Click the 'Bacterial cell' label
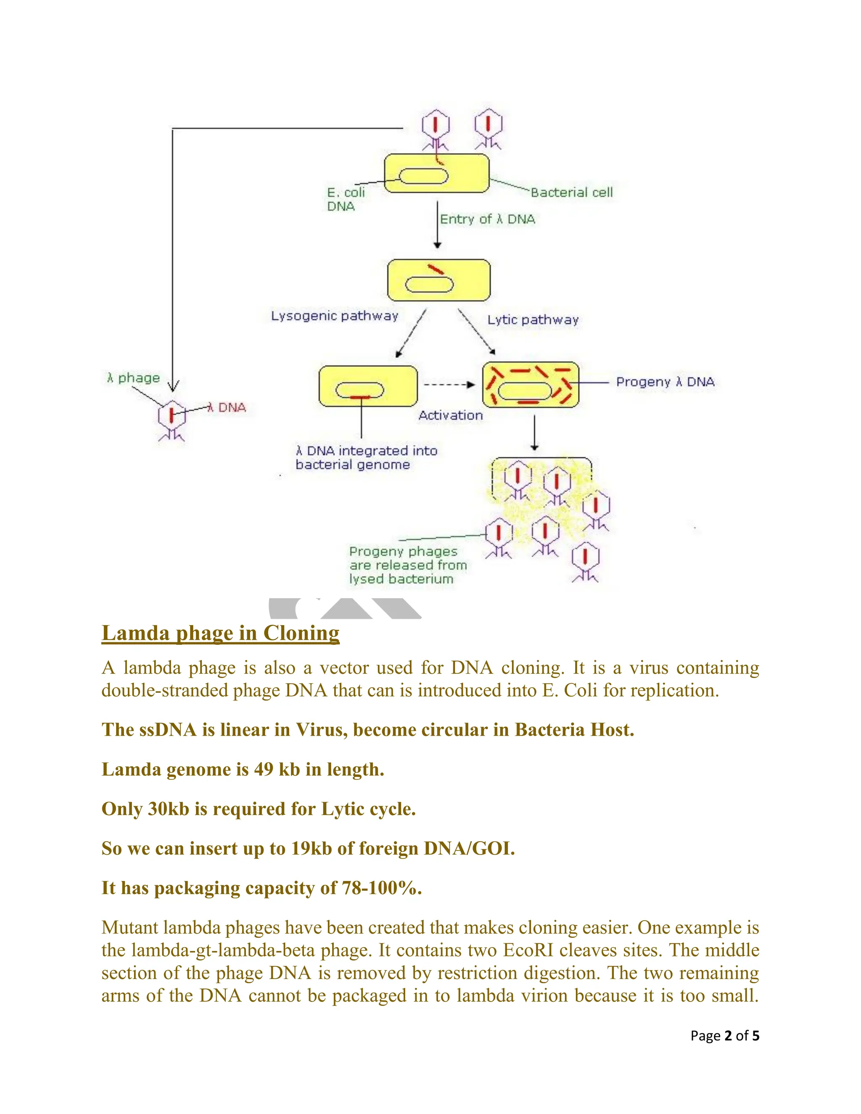pyautogui.click(x=571, y=192)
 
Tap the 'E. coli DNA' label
pyautogui.click(x=345, y=199)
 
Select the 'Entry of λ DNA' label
pyautogui.click(x=487, y=219)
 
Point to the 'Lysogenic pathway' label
pyautogui.click(x=334, y=316)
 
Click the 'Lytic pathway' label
pyautogui.click(x=533, y=320)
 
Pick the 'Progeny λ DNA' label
pyautogui.click(x=665, y=382)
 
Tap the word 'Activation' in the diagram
pyautogui.click(x=450, y=416)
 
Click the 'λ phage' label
pyautogui.click(x=134, y=378)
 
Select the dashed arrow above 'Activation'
pyautogui.click(x=449, y=385)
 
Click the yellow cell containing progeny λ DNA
pyautogui.click(x=531, y=385)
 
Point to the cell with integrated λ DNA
pyautogui.click(x=368, y=386)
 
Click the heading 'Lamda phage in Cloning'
pyautogui.click(x=220, y=633)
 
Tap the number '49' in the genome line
pyautogui.click(x=264, y=769)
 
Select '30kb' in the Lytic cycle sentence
pyautogui.click(x=168, y=809)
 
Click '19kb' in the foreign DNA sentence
pyautogui.click(x=311, y=848)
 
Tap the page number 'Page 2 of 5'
pyautogui.click(x=724, y=1035)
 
